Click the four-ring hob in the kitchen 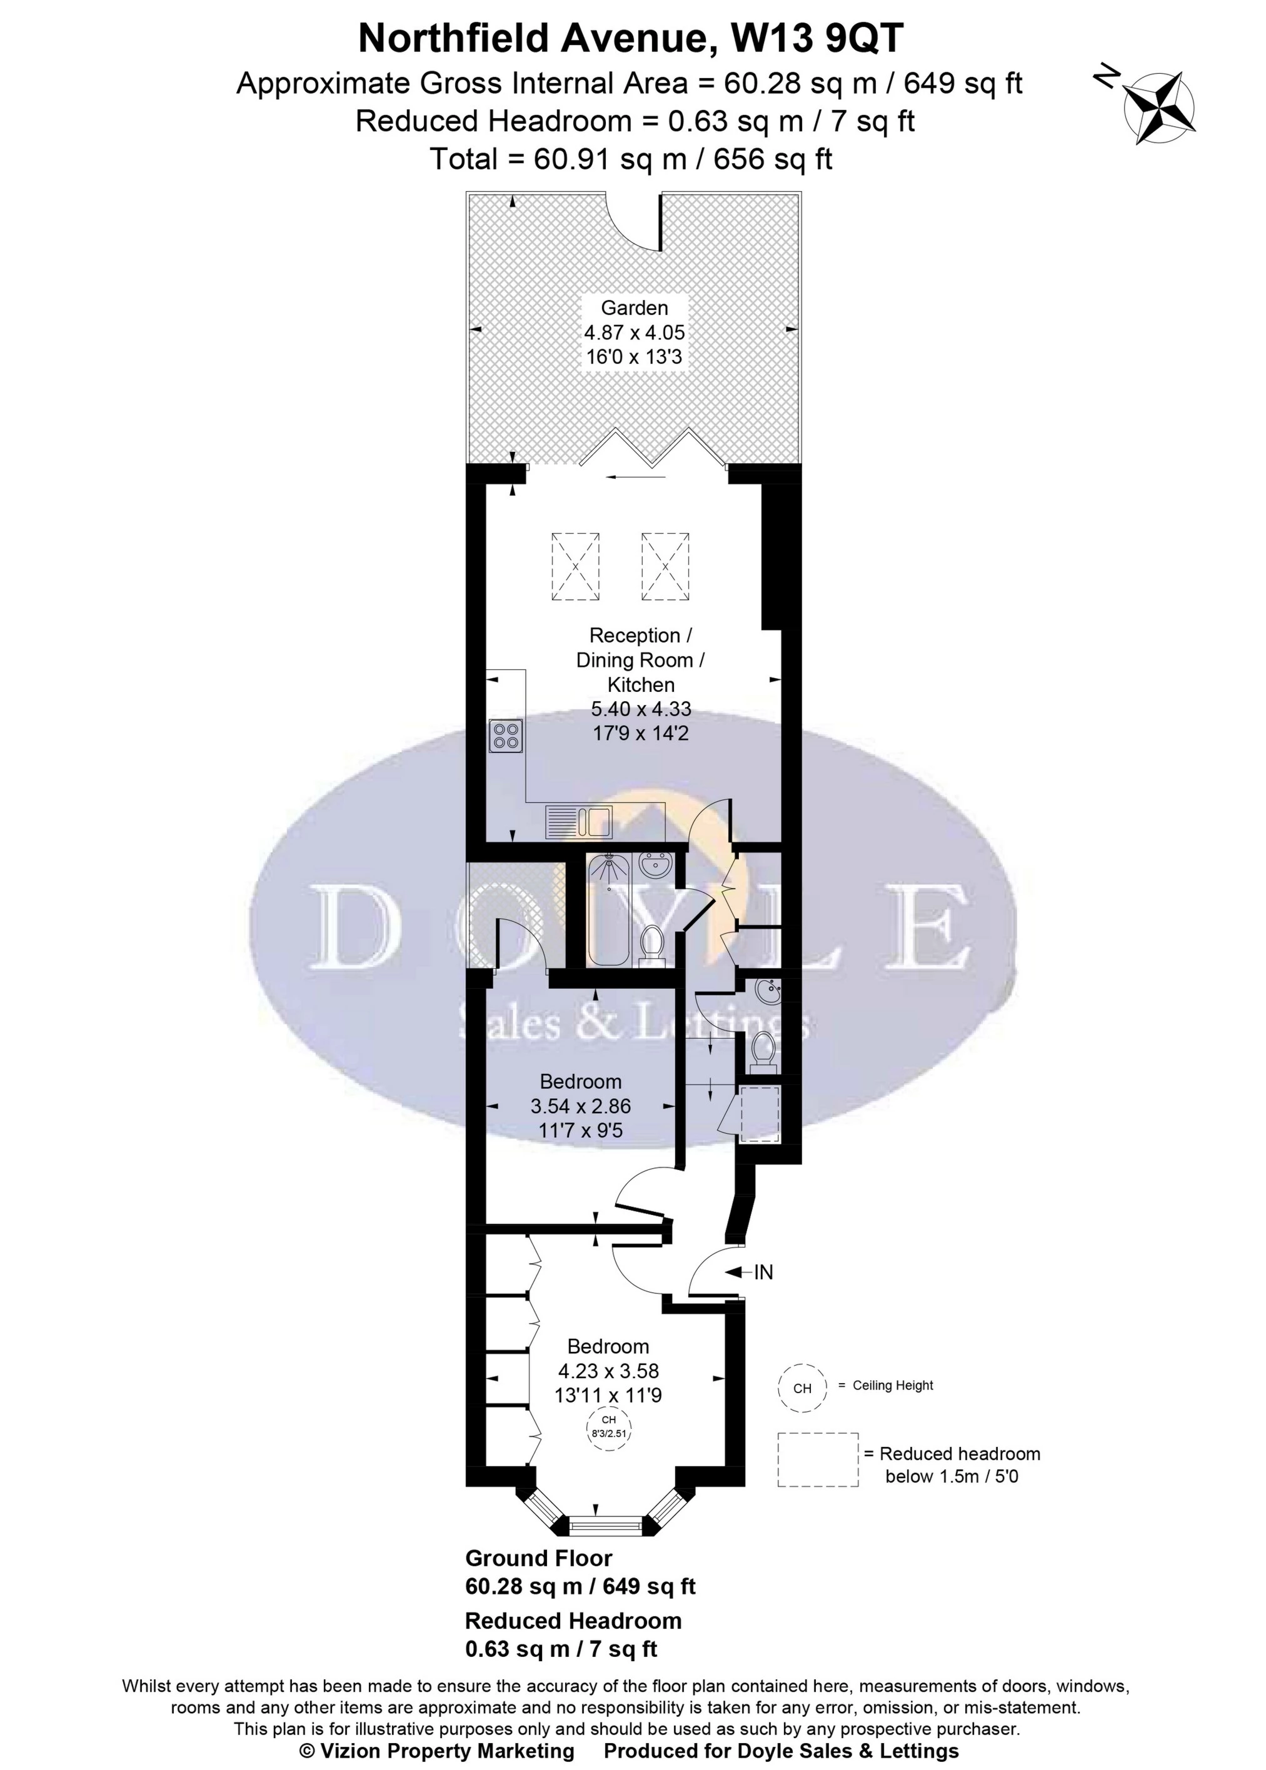pos(505,736)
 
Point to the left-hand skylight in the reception pos(575,567)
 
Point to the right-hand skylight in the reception pos(665,567)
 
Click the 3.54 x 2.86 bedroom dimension pos(580,1106)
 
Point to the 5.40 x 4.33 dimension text pos(641,709)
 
